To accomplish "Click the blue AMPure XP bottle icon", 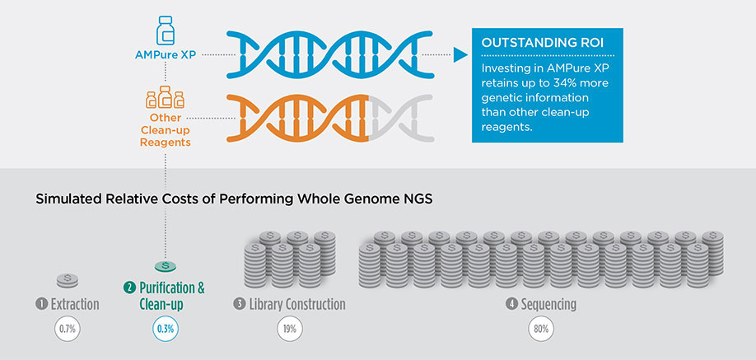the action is (166, 32).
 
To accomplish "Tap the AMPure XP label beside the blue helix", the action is (166, 54).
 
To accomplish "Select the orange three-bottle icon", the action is (166, 97).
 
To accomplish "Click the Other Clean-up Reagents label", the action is (166, 130).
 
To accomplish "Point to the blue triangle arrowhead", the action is (460, 54).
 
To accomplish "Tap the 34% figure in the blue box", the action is (558, 83).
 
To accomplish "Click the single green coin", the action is (166, 266).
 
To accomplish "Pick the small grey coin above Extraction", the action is (68, 280).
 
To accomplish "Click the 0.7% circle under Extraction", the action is (67, 330).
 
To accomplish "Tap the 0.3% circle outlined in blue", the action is (166, 330).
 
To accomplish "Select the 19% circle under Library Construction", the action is (289, 330).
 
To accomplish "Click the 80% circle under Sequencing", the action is (541, 330).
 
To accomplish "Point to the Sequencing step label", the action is (548, 305).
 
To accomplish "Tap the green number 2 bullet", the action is (128, 288).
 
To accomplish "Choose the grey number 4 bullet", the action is (511, 305).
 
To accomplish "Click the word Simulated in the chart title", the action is (63, 199).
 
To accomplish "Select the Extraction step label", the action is (75, 305).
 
